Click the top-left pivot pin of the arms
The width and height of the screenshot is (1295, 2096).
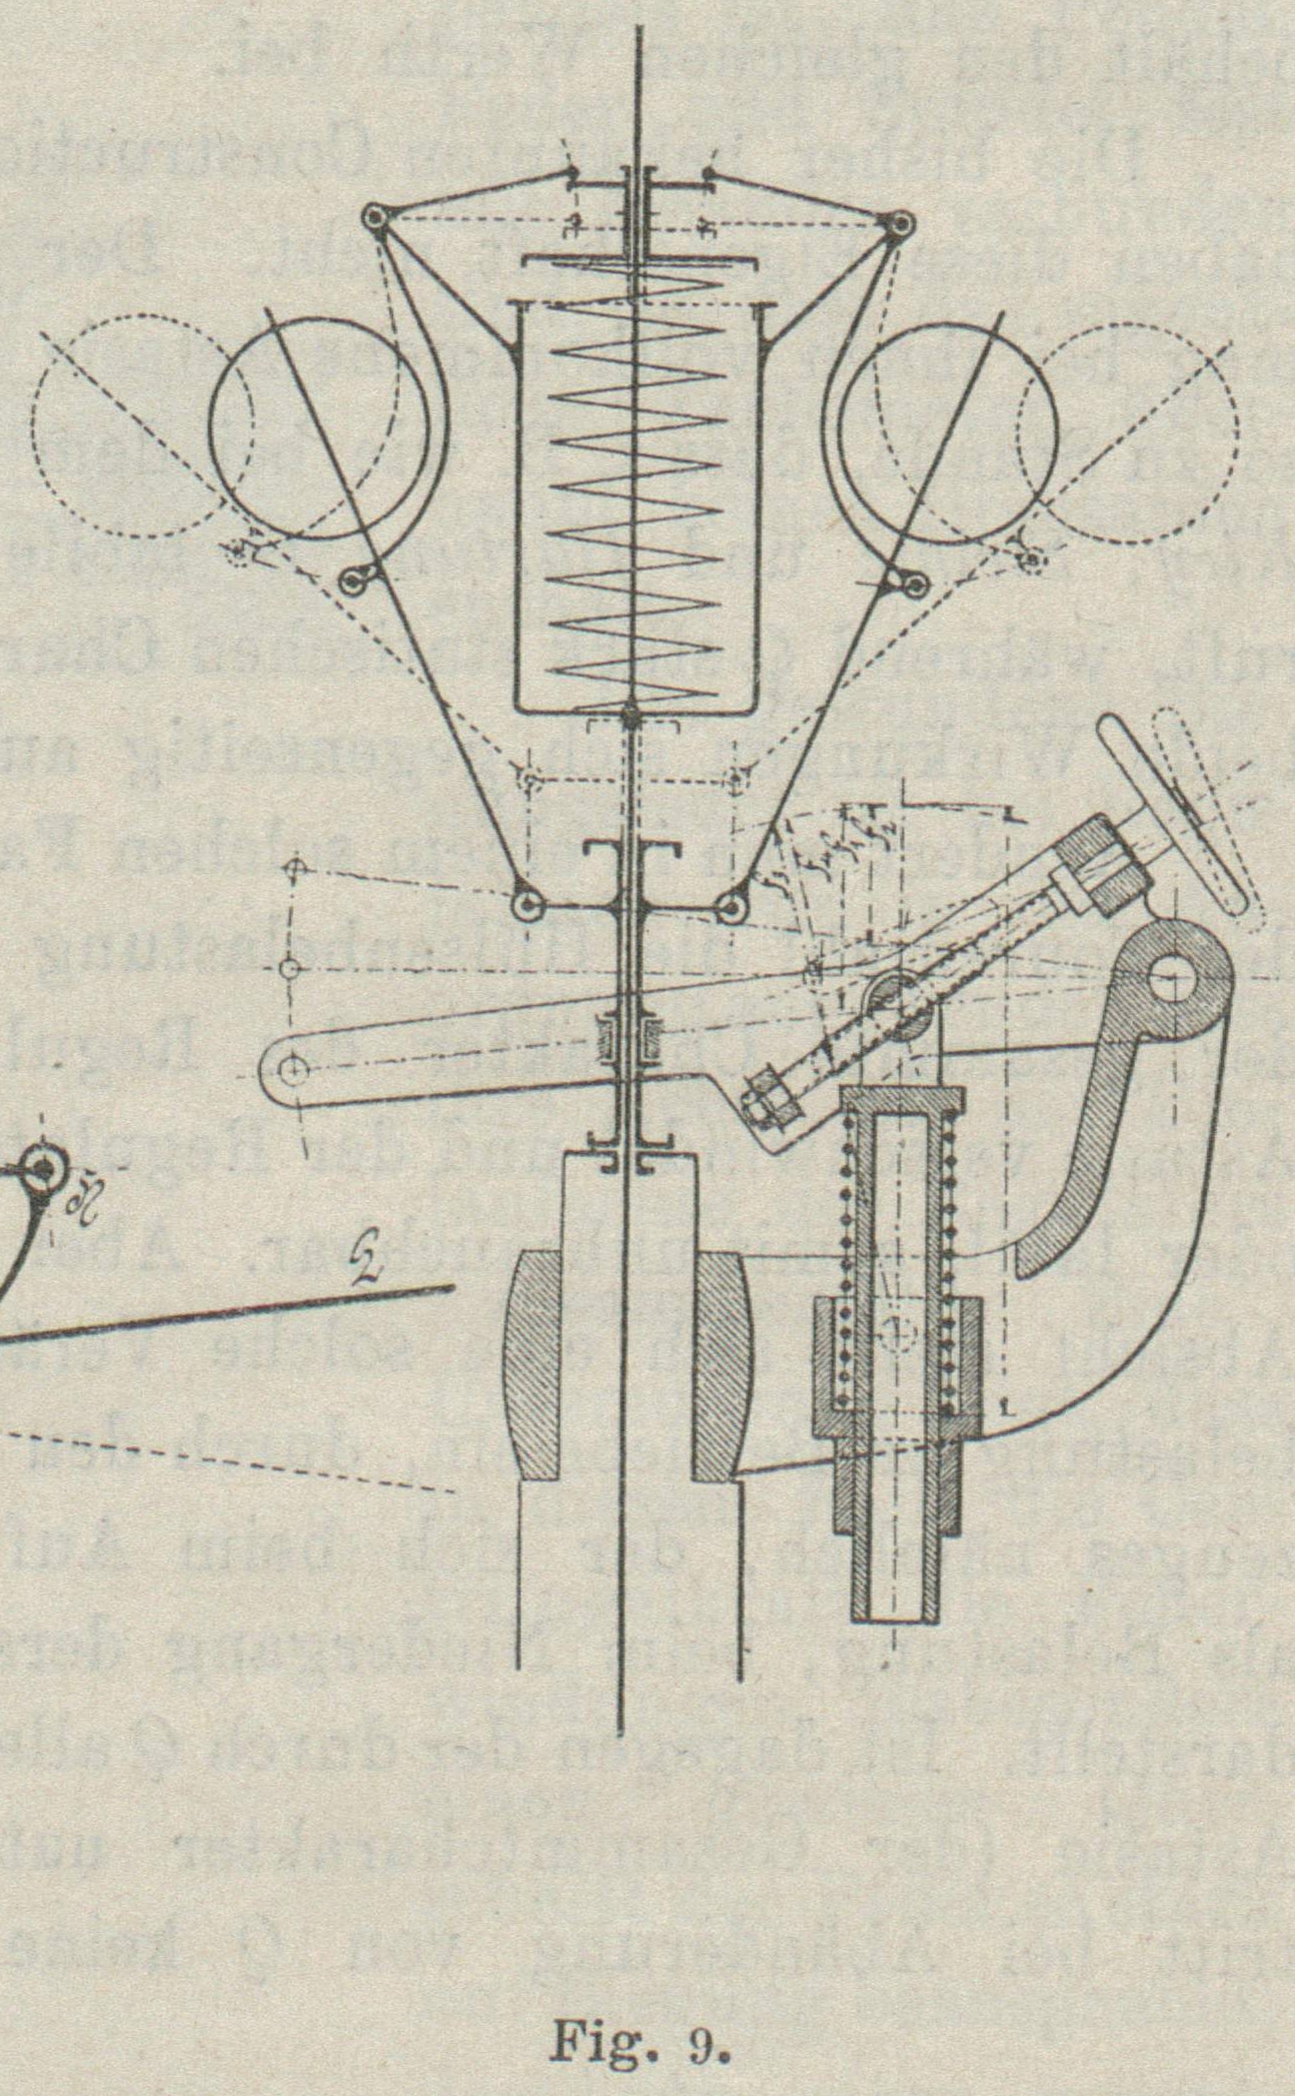click(374, 217)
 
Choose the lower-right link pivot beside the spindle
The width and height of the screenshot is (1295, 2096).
click(732, 907)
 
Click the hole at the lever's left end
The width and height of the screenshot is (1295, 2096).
click(292, 1071)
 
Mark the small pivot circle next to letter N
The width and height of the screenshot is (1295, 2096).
click(45, 1167)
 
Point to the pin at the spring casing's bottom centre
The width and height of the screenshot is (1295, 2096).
click(631, 714)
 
